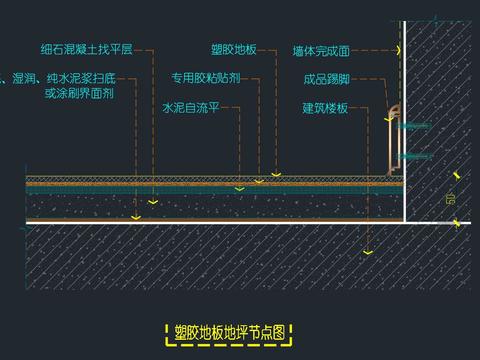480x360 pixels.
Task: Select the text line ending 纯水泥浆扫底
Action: coord(62,76)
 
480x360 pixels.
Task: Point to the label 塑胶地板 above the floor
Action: coord(234,48)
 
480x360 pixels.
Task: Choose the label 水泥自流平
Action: coord(189,106)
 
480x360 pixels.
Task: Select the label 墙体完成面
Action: coord(321,50)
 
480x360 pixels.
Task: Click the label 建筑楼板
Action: coord(325,107)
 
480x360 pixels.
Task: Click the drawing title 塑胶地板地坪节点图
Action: coord(231,332)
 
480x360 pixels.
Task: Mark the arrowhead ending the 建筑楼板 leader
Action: coord(369,253)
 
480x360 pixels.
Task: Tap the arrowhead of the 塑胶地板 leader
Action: coord(277,174)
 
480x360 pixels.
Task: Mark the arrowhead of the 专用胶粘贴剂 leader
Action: coord(258,181)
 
